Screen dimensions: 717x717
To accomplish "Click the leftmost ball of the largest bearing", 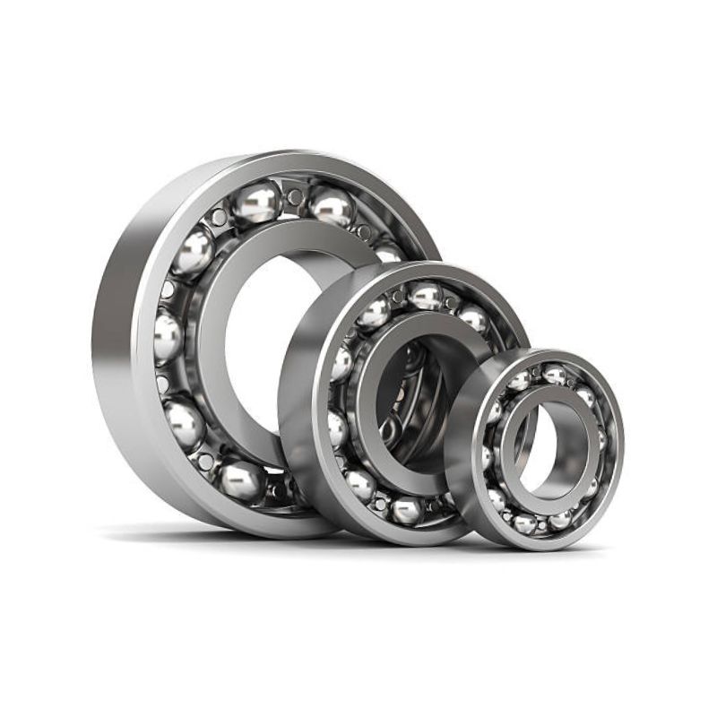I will click(168, 337).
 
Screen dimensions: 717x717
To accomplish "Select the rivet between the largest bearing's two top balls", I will click(294, 196).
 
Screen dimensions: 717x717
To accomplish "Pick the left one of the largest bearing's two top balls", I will click(256, 203).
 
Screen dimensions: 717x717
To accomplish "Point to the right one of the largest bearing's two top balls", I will click(333, 205).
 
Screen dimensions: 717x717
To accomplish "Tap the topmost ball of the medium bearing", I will click(426, 295).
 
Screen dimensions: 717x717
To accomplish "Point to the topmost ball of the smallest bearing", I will click(554, 375).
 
